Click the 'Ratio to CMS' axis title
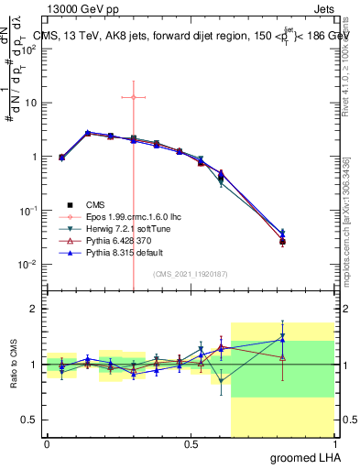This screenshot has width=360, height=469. [13, 365]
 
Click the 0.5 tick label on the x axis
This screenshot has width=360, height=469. [191, 444]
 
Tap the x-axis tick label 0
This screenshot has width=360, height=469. [47, 444]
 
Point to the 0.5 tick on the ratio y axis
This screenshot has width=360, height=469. [30, 420]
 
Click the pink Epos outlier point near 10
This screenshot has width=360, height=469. [134, 96]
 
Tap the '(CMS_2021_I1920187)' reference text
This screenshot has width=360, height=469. [190, 273]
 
